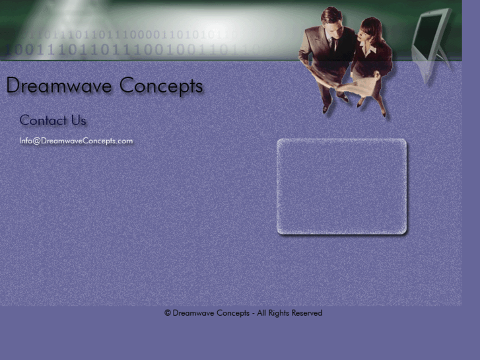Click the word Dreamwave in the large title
point(60,86)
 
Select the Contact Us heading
point(53,120)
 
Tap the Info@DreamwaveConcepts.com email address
point(76,141)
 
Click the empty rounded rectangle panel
point(341,186)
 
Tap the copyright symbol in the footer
point(168,313)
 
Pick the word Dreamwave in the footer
point(193,313)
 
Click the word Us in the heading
point(79,120)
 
